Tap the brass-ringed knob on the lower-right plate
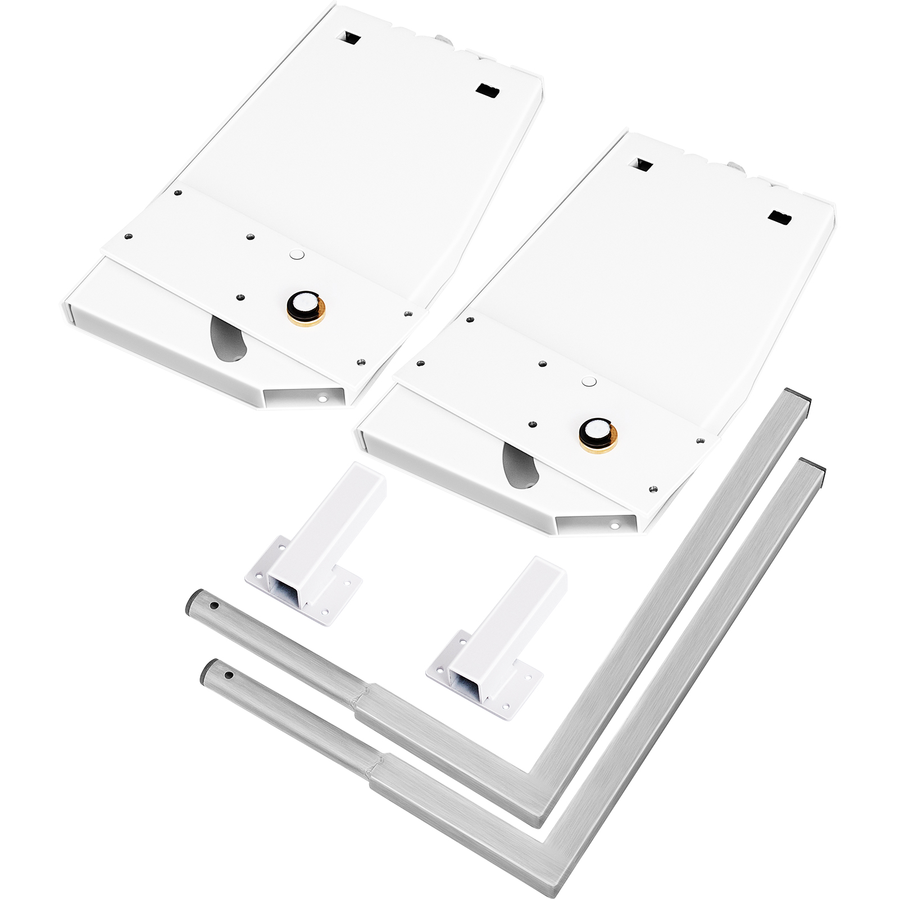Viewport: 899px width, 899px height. coord(598,433)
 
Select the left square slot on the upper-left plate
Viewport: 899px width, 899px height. coord(348,39)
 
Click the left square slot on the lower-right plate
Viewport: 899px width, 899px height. coord(642,165)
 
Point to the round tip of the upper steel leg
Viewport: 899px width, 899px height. coord(194,604)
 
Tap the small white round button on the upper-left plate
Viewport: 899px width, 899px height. coord(296,254)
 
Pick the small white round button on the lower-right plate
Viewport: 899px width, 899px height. coord(588,381)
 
